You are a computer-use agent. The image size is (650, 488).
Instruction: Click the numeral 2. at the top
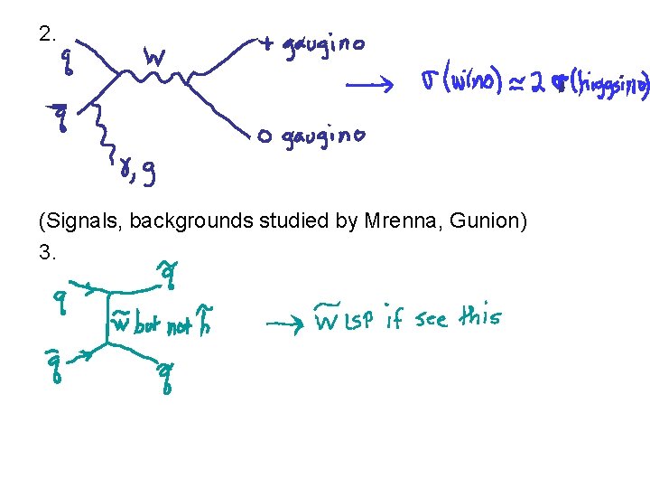tap(48, 35)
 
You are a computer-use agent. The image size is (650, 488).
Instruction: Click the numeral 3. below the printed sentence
tap(48, 253)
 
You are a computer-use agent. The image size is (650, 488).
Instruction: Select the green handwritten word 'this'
tap(479, 317)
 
